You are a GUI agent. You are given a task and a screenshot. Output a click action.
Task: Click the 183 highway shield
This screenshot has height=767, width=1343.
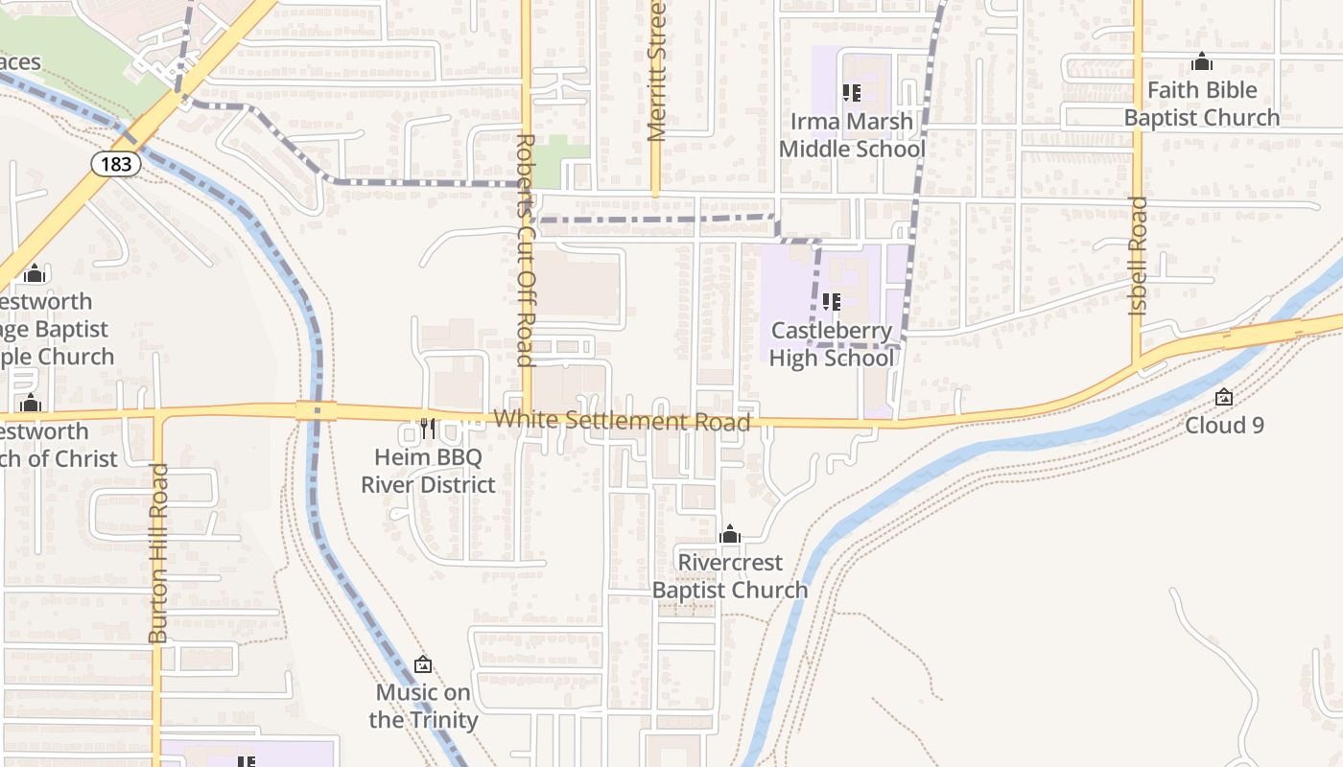coord(116,164)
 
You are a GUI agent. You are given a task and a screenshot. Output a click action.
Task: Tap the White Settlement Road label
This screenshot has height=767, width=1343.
coord(622,421)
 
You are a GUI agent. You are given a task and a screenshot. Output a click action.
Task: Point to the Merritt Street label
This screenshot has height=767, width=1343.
coord(656,71)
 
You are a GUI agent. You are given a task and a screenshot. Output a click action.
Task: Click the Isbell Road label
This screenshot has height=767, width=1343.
coord(1138,256)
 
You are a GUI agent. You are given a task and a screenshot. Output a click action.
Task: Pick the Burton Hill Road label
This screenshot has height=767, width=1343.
coord(158,553)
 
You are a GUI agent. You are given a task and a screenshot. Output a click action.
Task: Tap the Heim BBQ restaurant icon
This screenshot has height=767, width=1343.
coord(428,428)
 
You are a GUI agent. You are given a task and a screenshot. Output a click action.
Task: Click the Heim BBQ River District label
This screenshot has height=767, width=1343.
coord(428,471)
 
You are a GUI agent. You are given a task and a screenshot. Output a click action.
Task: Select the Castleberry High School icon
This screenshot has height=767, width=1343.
coord(832,302)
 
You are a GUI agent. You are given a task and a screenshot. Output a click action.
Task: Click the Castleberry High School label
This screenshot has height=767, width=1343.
coord(832,345)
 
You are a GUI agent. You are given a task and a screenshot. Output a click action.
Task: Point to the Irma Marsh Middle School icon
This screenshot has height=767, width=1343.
coord(851,93)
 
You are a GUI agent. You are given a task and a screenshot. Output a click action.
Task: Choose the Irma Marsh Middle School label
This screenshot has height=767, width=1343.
coord(852,135)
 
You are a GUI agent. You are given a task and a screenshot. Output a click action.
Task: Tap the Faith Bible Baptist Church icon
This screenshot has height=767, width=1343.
coord(1202,62)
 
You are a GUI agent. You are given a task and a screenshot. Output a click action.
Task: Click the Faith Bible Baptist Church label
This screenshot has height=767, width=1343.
coord(1202,104)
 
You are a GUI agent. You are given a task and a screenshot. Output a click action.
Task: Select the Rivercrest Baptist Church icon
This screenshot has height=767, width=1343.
coord(730,534)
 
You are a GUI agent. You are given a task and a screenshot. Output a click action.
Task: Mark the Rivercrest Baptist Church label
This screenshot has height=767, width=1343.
coord(730,576)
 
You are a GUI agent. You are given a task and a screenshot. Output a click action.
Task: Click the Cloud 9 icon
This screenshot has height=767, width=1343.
coord(1224,397)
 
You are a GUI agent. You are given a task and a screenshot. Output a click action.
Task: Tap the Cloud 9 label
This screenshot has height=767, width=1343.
coord(1224,425)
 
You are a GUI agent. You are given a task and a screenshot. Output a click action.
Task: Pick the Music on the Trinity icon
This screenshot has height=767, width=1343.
coord(423,663)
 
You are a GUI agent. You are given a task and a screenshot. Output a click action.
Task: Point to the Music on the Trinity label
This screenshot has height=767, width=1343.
coord(423,706)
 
